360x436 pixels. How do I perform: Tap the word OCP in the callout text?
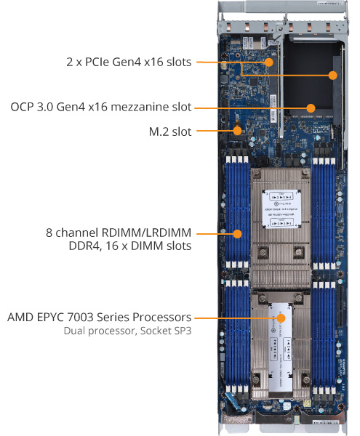click(x=23, y=107)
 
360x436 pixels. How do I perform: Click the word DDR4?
click(x=81, y=247)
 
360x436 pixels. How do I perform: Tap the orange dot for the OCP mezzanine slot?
click(x=311, y=108)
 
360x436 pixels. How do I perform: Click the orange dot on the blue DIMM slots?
click(x=238, y=234)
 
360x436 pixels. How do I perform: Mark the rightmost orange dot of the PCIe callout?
click(x=333, y=74)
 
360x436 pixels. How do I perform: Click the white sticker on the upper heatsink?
click(x=281, y=211)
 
